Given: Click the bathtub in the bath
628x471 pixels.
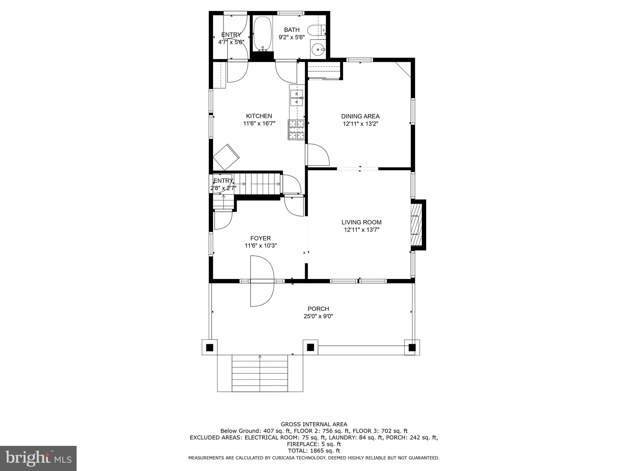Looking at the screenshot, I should tap(263, 34).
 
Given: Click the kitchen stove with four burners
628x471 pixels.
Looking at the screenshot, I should tap(296, 129).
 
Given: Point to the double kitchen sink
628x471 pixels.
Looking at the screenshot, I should tap(297, 97).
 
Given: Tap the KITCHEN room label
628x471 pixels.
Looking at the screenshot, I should tap(259, 116).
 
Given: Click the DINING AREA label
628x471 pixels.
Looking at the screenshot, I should tap(360, 117).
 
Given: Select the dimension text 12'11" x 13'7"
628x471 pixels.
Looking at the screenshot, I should tap(362, 230).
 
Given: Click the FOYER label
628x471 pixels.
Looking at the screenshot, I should tap(260, 238).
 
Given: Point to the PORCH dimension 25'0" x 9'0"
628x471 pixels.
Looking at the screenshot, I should tap(318, 316).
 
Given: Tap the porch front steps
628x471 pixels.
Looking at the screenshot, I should tap(260, 373).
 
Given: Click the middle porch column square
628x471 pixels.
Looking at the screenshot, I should tap(310, 347).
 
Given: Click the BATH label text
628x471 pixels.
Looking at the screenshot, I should tap(292, 30).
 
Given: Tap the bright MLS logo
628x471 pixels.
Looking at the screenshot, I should tap(38, 458).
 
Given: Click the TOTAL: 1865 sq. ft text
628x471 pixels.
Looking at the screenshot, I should tap(314, 451).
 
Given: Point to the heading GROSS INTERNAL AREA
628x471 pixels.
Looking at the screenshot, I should tap(314, 424).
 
